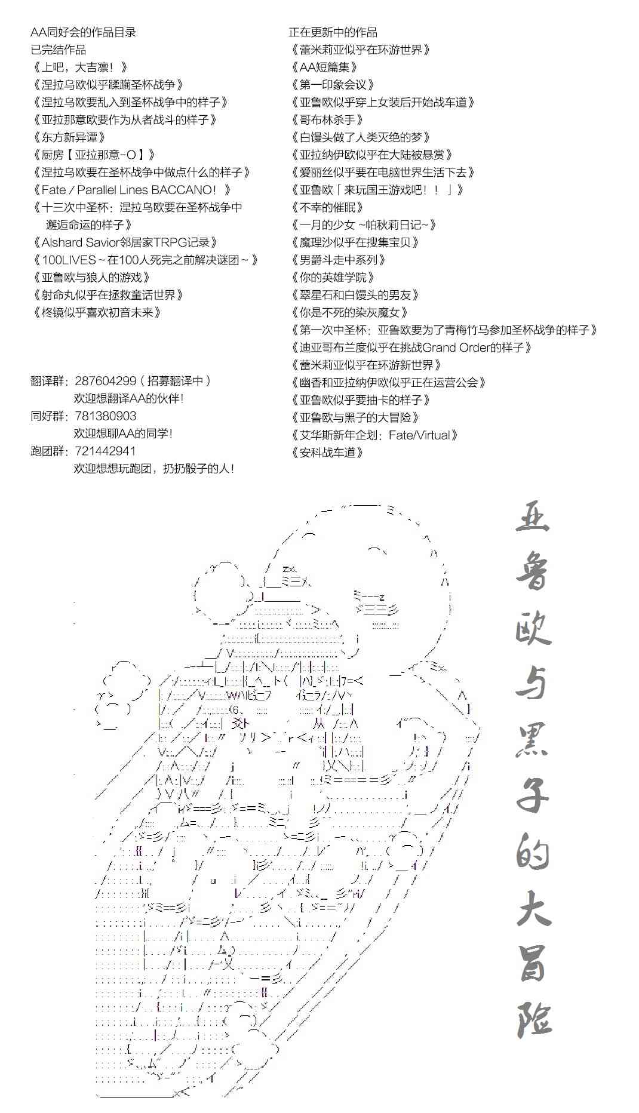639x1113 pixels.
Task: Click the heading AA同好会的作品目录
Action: tap(84, 32)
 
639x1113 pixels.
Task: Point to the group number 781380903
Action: tap(106, 416)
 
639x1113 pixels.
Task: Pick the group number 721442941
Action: tap(106, 451)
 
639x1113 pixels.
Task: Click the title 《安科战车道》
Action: tap(327, 452)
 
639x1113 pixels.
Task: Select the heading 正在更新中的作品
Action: tap(333, 32)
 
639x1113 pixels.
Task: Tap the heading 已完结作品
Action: tap(59, 50)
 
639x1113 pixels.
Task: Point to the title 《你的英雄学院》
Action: tap(333, 277)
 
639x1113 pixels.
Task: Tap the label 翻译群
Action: tap(50, 381)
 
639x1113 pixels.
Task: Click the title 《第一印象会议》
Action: tap(333, 85)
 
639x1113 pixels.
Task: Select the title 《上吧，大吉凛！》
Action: tap(80, 67)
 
